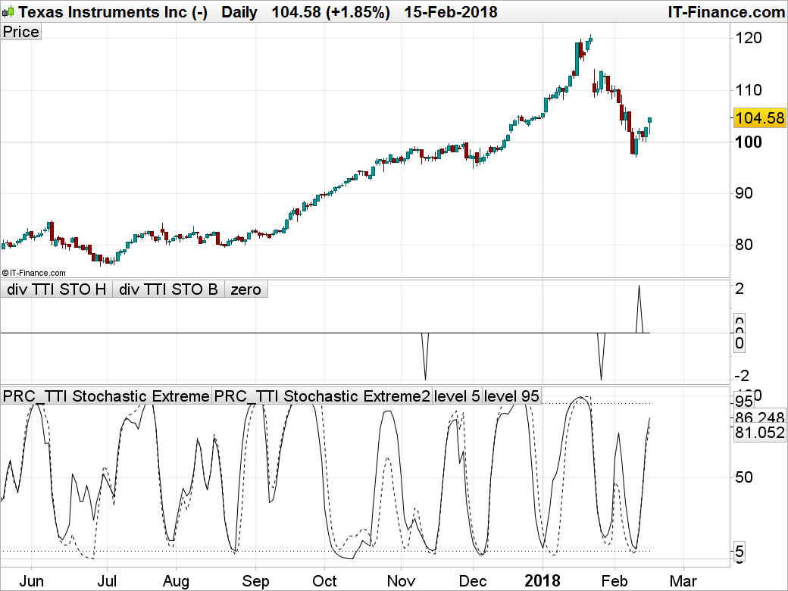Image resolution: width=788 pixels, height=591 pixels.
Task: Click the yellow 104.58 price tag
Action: (x=759, y=118)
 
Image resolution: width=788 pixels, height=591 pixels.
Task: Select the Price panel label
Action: (x=20, y=32)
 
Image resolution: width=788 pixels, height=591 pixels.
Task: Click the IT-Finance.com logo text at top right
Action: (x=726, y=12)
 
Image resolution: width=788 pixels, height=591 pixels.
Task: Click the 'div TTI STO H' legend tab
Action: (x=57, y=289)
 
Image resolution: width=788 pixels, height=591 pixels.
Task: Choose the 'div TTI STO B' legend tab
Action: (x=168, y=289)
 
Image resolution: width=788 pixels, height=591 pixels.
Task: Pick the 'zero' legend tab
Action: (x=246, y=289)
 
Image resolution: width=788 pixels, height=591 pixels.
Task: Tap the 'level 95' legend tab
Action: (x=511, y=396)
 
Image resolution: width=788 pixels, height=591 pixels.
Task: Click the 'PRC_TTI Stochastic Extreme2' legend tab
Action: (x=321, y=396)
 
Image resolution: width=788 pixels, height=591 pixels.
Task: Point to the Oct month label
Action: (x=324, y=581)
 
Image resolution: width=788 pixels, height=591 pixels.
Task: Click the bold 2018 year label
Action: (x=543, y=581)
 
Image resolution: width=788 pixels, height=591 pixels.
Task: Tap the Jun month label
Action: (x=32, y=581)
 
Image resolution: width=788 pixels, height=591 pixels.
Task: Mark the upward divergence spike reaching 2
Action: (x=639, y=288)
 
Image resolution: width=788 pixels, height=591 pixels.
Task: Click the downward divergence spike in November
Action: (x=425, y=376)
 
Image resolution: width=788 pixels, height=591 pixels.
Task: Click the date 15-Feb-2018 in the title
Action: (x=451, y=12)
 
